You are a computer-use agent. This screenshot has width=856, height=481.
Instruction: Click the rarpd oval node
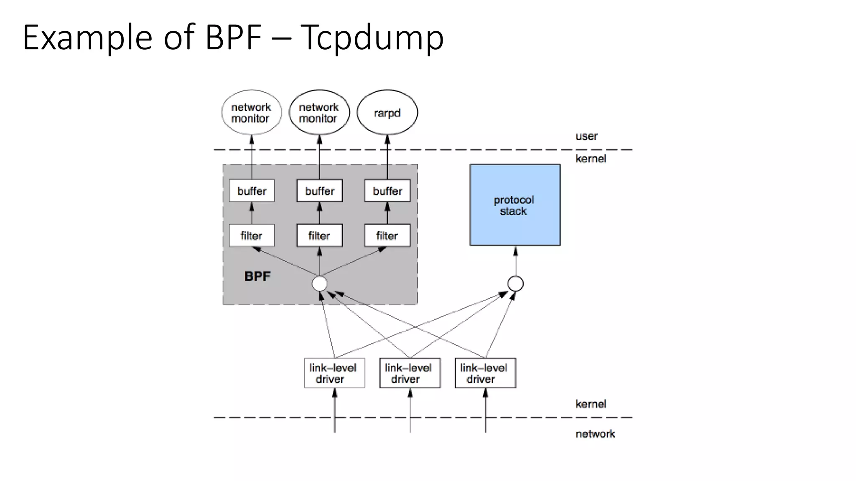[x=387, y=113]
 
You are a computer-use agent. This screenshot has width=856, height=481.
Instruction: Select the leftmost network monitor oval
[x=251, y=113]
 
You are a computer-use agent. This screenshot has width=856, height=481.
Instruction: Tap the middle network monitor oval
[x=319, y=113]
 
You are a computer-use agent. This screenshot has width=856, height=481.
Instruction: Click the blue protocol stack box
[x=515, y=205]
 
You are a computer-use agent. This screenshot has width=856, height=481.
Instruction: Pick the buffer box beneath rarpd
[x=387, y=191]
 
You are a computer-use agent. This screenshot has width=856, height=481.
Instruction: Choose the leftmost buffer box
[x=252, y=191]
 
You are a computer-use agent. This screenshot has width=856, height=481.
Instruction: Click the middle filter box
[x=319, y=235]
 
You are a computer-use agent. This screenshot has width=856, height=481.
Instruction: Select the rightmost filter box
[x=387, y=235]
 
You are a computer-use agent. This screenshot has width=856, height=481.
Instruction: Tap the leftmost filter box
[x=252, y=235]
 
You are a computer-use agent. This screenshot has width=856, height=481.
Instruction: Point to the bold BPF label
[x=257, y=276]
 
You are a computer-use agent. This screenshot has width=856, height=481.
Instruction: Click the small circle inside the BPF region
[x=320, y=284]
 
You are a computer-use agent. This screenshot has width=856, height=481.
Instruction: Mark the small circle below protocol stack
[x=515, y=284]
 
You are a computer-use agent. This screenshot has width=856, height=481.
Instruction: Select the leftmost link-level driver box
[x=334, y=373]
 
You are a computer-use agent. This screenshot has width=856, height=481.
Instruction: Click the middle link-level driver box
[x=410, y=373]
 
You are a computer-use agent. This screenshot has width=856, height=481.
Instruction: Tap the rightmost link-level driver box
[x=485, y=373]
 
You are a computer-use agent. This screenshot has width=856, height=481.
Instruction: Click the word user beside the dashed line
[x=586, y=136]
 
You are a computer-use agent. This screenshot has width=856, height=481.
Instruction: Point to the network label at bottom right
[x=595, y=434]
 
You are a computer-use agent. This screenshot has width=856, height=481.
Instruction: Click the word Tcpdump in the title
[x=372, y=38]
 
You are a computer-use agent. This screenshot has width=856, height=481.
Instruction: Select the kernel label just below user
[x=591, y=159]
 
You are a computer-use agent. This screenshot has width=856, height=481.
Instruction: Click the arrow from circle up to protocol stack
[x=515, y=261]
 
